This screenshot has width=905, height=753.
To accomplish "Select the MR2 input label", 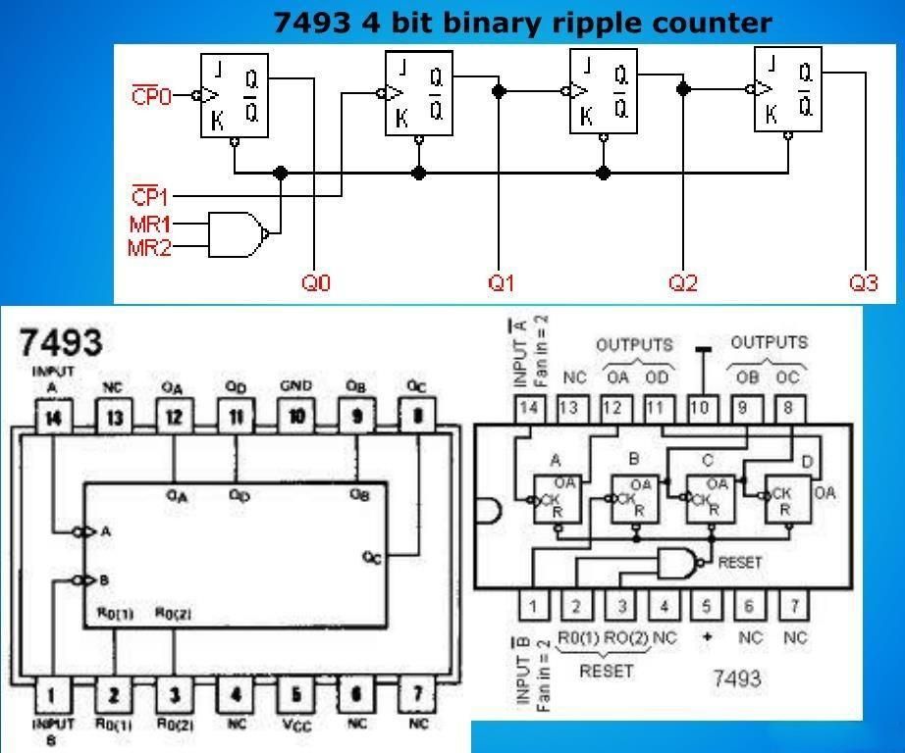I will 149,248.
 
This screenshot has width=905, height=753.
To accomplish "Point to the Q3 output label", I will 864,283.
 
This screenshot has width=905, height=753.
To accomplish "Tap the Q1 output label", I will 502,283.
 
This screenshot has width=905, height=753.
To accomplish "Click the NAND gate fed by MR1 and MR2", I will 238,233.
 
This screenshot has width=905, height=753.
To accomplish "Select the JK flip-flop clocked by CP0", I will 235,95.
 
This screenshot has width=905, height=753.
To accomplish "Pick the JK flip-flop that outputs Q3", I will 787,90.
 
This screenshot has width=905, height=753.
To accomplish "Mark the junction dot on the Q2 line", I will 683,89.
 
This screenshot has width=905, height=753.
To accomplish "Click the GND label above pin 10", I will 295,386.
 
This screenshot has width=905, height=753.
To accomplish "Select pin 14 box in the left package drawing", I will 52,417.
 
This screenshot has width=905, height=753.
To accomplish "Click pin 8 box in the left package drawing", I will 417,417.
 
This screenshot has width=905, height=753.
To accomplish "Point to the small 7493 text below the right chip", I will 735,678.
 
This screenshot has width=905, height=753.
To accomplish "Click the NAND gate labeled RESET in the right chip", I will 678,563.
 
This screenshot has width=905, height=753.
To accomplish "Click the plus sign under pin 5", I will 708,637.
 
